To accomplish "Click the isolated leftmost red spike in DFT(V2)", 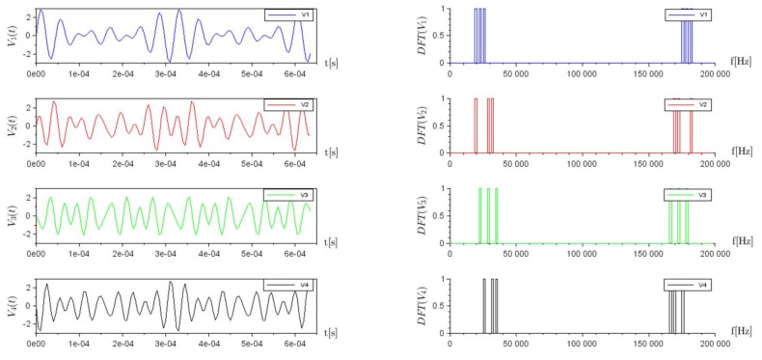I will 476,125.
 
